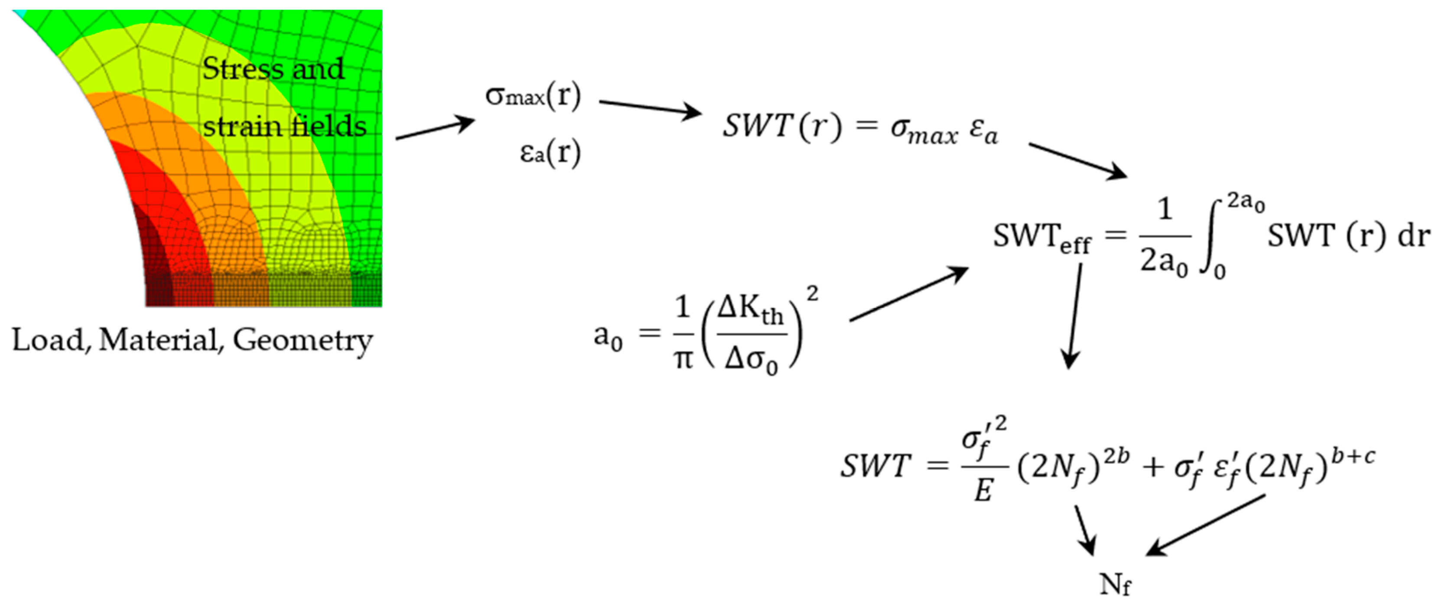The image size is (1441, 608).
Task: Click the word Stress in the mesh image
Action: pyautogui.click(x=243, y=70)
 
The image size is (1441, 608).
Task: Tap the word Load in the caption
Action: pyautogui.click(x=48, y=340)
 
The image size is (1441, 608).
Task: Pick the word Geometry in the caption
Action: pyautogui.click(x=303, y=341)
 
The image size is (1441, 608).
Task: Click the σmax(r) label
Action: pyautogui.click(x=533, y=97)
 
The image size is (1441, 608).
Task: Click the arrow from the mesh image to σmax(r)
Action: pyautogui.click(x=435, y=128)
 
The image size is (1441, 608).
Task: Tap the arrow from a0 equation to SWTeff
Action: pyautogui.click(x=909, y=294)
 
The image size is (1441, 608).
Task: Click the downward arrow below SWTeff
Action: pyautogui.click(x=1074, y=316)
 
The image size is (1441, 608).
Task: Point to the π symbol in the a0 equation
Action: pyautogui.click(x=683, y=359)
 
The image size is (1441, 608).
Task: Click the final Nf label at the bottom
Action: pyautogui.click(x=1115, y=585)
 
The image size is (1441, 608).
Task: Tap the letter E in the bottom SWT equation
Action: pyautogui.click(x=983, y=491)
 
